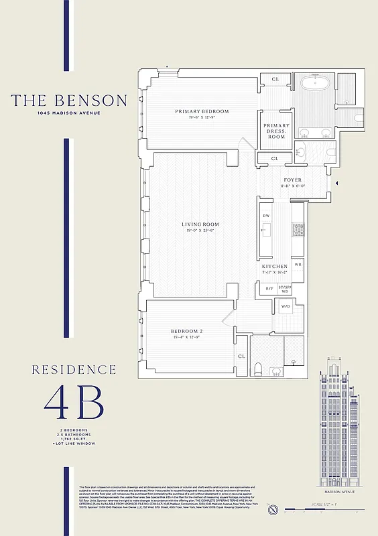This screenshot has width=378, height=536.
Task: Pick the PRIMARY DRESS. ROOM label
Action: coord(276,131)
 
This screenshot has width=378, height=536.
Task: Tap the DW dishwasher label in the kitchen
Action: coord(266,216)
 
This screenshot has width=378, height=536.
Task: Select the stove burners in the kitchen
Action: coord(298,229)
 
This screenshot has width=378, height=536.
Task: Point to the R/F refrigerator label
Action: coord(269,289)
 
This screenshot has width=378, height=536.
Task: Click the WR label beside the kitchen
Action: coord(298,265)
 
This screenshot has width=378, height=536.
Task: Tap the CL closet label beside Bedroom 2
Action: coord(241,356)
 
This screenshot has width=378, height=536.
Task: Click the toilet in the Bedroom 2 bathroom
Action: coord(258,368)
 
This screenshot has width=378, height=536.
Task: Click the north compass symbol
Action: coord(272,511)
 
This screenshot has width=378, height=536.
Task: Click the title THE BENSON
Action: coord(68,100)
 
